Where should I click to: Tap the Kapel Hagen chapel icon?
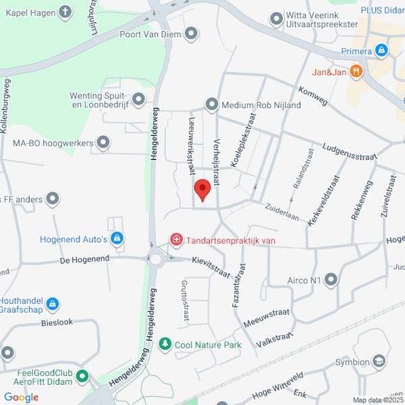(x=65, y=11)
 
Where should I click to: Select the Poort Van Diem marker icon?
(x=192, y=33)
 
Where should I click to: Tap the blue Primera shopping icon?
(x=382, y=51)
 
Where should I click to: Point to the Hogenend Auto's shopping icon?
(x=117, y=238)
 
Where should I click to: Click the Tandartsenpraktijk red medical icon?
(x=177, y=239)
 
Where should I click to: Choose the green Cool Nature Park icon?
(x=165, y=344)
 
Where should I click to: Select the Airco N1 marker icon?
(x=331, y=279)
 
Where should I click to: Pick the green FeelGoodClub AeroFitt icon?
(x=82, y=376)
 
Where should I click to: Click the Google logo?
(x=21, y=397)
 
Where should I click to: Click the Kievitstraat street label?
(x=211, y=267)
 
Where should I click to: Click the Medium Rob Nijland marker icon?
(x=212, y=105)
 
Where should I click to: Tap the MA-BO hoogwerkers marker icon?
(x=103, y=142)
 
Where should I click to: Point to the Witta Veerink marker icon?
(x=276, y=19)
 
